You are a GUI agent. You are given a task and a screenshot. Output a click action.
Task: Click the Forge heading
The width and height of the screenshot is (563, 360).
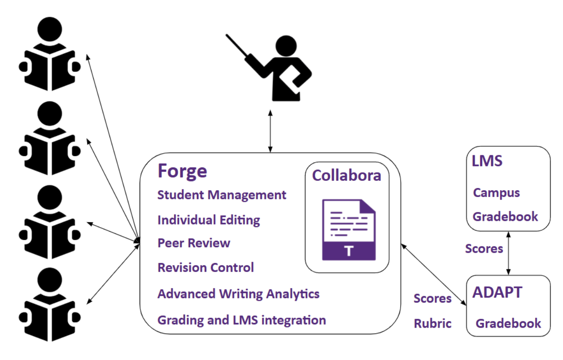pyautogui.click(x=183, y=171)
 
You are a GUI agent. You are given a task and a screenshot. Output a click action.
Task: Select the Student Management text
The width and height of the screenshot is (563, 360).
pyautogui.click(x=222, y=195)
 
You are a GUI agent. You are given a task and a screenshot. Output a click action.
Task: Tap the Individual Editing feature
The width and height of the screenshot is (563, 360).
pyautogui.click(x=209, y=220)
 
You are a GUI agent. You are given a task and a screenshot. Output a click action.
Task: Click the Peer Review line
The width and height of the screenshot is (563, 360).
pyautogui.click(x=194, y=243)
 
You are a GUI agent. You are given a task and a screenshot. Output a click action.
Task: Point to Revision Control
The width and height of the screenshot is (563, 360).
pyautogui.click(x=205, y=268)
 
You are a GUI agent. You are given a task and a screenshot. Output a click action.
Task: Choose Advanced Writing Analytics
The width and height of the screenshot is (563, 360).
pyautogui.click(x=238, y=294)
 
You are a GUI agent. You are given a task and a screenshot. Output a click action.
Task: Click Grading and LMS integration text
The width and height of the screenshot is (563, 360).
pyautogui.click(x=241, y=320)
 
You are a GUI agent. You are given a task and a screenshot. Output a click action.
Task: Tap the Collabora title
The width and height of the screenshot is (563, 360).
pyautogui.click(x=346, y=175)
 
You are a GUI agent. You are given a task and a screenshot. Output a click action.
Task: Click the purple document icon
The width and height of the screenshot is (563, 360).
pyautogui.click(x=349, y=229)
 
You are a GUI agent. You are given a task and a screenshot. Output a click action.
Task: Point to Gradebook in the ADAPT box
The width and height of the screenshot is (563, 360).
pyautogui.click(x=508, y=323)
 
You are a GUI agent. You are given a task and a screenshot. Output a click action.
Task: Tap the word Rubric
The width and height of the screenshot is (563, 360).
pyautogui.click(x=432, y=324)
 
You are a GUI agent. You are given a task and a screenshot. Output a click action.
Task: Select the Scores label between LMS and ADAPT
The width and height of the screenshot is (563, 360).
pyautogui.click(x=484, y=249)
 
